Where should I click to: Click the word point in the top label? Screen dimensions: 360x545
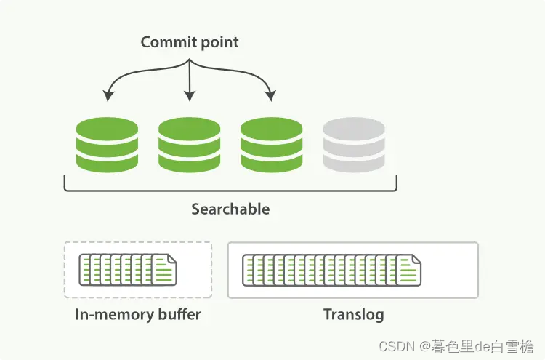point(219,42)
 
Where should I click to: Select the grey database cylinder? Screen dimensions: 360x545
point(354,145)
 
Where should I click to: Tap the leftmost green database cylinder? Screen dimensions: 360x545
point(107,145)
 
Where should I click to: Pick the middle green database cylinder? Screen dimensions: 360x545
point(189,145)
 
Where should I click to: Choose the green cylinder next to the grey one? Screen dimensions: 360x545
point(272,145)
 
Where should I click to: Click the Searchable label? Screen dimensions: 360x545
point(230,209)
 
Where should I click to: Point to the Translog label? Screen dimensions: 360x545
point(353,315)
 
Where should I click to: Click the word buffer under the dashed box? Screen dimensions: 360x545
point(179,315)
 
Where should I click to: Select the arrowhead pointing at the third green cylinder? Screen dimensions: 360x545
point(271,96)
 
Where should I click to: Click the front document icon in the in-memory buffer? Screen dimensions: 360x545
point(164,271)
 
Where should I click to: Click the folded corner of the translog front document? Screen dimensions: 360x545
point(416,259)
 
